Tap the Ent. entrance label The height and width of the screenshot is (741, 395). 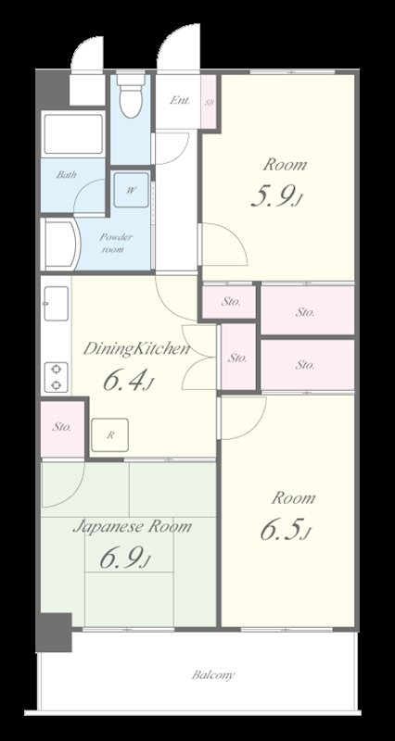click(180, 101)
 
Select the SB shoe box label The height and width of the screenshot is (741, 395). click(209, 102)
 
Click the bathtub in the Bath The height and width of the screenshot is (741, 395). click(73, 133)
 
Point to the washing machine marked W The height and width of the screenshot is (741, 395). click(131, 190)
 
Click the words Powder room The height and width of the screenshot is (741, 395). click(114, 243)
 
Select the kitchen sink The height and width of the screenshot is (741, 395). click(57, 304)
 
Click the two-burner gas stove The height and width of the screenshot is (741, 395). click(57, 377)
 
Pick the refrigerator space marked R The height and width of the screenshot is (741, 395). click(110, 434)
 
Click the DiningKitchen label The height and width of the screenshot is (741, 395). click(136, 350)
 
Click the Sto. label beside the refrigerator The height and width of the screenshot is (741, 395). click(62, 428)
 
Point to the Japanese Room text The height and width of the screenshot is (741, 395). click(133, 527)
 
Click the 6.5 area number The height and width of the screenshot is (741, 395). click(286, 530)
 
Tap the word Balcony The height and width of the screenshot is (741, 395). click(213, 674)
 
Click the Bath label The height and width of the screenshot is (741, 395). click(66, 174)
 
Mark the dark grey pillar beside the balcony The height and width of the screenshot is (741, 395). click(55, 633)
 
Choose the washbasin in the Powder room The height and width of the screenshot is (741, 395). click(60, 244)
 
